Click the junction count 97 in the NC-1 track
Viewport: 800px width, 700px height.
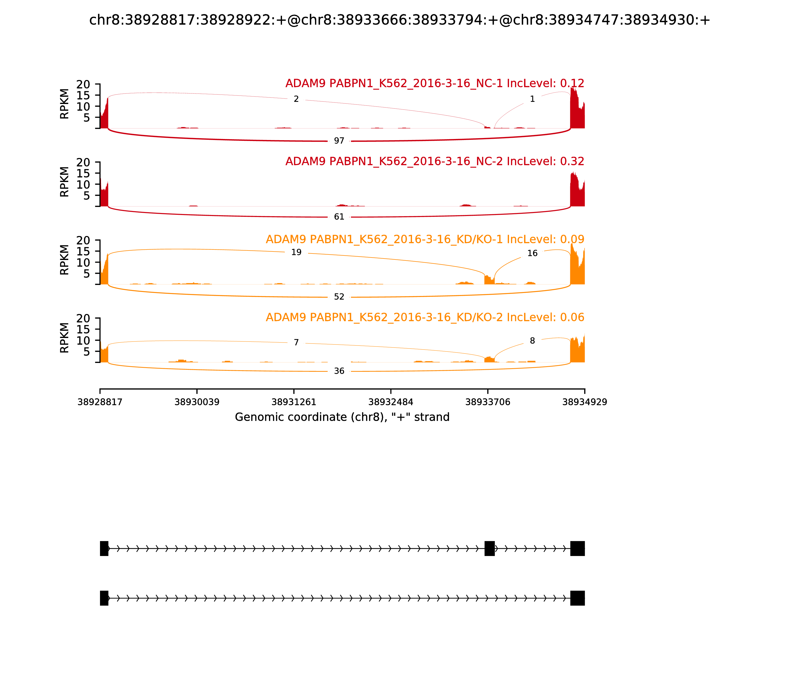pos(339,140)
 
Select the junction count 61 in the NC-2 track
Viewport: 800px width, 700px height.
pos(339,217)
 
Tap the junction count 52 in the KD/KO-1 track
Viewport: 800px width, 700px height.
pos(339,297)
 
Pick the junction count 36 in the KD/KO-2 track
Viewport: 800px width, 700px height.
pos(339,371)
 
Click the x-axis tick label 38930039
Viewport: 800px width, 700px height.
pos(197,402)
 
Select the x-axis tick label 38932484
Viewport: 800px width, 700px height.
pos(390,402)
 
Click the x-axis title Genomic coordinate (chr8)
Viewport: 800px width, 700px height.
pos(342,417)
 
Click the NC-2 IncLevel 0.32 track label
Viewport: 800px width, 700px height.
pos(435,161)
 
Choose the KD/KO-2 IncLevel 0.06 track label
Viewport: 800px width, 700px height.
pos(425,317)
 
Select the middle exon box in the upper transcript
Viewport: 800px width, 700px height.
pos(489,548)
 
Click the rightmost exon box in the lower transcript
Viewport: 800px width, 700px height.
pos(577,598)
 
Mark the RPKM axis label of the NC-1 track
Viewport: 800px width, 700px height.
pos(64,104)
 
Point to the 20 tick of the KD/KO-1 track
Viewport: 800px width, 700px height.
pos(83,240)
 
